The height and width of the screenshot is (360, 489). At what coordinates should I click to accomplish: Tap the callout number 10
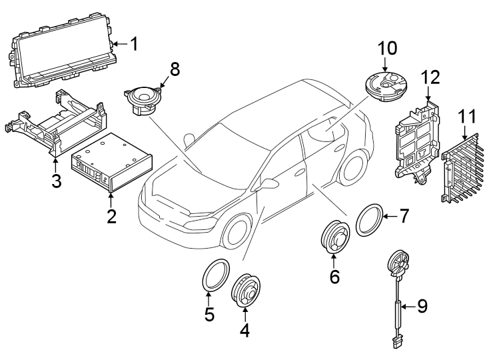click(387, 48)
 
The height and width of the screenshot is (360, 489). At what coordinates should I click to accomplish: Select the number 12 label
click(430, 78)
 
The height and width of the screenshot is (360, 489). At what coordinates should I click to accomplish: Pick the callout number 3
click(57, 181)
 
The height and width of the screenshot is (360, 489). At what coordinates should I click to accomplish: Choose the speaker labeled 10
click(387, 85)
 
